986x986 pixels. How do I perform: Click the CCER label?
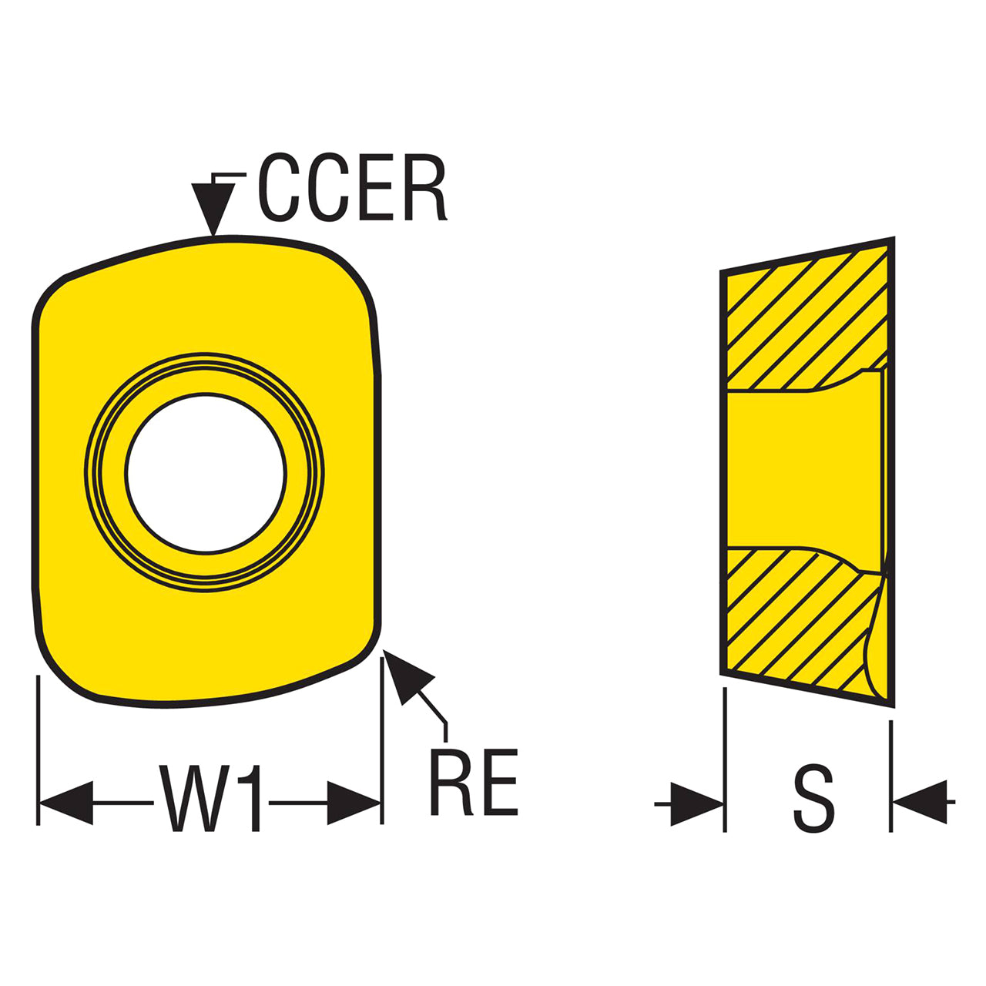352,189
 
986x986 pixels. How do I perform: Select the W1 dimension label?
210,798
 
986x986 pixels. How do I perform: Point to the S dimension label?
813,798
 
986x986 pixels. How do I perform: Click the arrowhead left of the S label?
696,804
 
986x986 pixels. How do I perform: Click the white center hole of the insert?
206,473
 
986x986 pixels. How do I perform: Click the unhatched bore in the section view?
801,470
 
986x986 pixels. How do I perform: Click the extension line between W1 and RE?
382,739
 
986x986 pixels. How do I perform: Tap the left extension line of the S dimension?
725,759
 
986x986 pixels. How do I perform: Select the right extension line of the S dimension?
891,774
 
